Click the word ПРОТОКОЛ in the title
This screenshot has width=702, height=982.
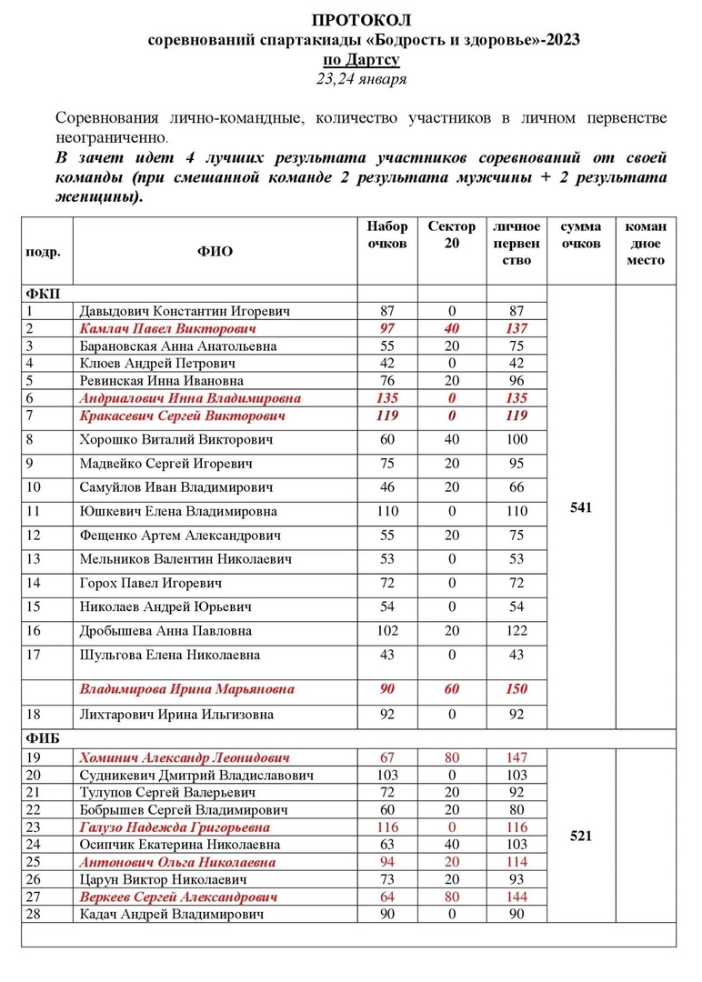point(361,20)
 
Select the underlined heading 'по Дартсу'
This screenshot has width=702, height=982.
point(361,60)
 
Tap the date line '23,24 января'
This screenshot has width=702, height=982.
point(361,79)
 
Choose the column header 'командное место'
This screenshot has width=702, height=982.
point(646,243)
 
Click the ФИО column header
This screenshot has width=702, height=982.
point(215,252)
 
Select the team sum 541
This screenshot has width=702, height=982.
point(581,508)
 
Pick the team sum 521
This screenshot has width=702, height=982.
point(581,836)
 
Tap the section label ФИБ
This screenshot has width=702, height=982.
point(42,739)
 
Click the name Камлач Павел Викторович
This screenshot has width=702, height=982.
point(167,328)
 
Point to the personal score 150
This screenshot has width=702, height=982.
point(516,689)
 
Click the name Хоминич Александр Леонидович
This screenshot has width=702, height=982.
point(185,757)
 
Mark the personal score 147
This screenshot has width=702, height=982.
point(516,757)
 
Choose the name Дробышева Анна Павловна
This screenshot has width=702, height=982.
point(165,631)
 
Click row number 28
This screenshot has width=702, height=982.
point(35,914)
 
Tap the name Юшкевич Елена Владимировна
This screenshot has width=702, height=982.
point(178,511)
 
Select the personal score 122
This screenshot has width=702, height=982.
point(516,631)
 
